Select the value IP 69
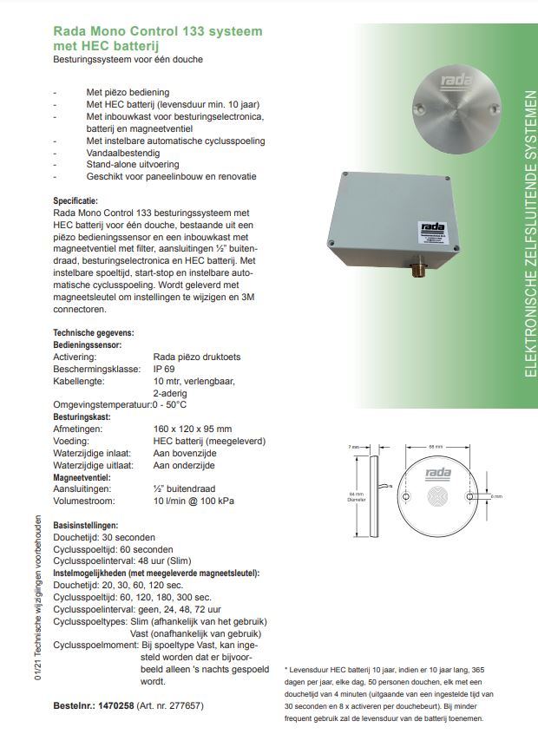click(165, 368)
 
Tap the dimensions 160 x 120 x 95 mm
click(192, 429)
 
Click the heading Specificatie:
click(75, 200)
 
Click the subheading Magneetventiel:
click(82, 477)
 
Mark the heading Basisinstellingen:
click(86, 526)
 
